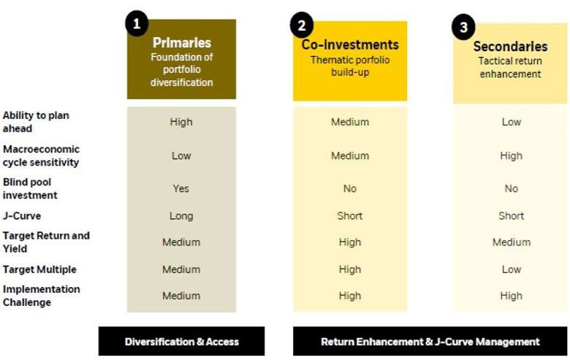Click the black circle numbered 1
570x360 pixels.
coord(137,23)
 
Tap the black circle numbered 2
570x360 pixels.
coord(302,26)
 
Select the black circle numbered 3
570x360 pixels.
coord(463,27)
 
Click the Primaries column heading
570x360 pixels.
coord(182,42)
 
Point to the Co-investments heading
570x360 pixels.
coord(350,45)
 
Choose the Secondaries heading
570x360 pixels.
coord(510,47)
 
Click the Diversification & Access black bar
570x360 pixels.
coord(181,341)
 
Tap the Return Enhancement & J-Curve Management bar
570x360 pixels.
coord(430,342)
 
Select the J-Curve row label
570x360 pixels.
coord(22,216)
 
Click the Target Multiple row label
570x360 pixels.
coord(39,269)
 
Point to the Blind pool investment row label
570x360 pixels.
coord(30,188)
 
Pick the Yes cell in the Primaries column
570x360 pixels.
coord(181,188)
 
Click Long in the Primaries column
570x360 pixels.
coord(181,216)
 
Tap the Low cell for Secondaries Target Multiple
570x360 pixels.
coord(512,269)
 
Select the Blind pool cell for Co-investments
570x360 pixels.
coord(350,188)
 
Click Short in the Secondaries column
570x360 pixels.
coord(511,216)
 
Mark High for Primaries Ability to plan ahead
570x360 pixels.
coord(181,122)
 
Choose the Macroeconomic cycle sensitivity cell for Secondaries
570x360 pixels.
coord(511,156)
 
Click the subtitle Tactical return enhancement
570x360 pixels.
coord(510,68)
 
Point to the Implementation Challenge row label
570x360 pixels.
coord(42,296)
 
